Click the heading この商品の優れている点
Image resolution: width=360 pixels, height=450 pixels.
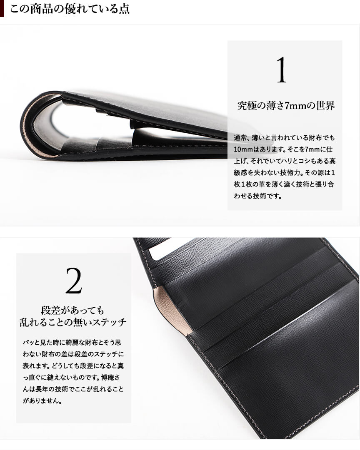point(70,9)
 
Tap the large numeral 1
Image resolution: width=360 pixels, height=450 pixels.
point(282,70)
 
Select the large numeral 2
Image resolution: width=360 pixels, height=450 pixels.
point(74,281)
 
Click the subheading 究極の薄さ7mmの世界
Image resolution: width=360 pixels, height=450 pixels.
point(286,106)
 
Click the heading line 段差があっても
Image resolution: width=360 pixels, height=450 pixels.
point(72,310)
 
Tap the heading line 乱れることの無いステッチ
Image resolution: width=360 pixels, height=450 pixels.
point(73,322)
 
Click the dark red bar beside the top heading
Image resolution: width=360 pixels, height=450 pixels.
point(2,9)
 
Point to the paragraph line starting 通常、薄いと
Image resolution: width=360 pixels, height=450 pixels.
point(284,138)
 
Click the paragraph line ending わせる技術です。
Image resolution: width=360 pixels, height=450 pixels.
point(258,196)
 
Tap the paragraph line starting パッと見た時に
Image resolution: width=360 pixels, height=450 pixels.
point(72,342)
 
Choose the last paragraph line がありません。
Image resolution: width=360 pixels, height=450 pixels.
point(42,400)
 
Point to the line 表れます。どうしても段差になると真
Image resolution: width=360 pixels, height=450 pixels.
point(73,365)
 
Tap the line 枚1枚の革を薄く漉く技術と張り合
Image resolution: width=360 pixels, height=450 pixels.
point(284,184)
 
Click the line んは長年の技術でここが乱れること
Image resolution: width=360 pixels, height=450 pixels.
point(73,389)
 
